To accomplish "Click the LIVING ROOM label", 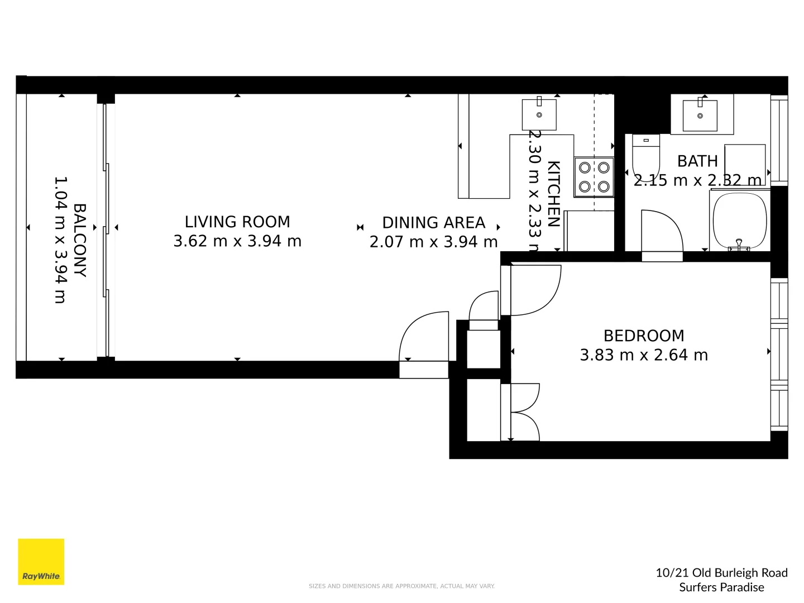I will (237, 222).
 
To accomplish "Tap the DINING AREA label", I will (433, 223).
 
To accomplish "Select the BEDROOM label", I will (643, 336).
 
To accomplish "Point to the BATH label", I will (697, 161).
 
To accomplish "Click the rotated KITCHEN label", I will (553, 194).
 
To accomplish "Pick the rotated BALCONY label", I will (80, 240).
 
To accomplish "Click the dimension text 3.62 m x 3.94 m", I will (237, 241).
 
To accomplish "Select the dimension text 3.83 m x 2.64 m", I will (643, 355).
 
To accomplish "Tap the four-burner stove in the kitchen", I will (594, 177).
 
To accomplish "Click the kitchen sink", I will (539, 114).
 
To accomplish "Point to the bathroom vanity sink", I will (700, 115).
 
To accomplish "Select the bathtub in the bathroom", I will (739, 220).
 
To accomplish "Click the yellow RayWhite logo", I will (41, 562).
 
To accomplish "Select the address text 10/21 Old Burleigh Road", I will (721, 573).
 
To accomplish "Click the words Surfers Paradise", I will (721, 587).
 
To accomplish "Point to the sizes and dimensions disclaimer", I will (401, 586).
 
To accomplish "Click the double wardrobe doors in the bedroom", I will (525, 412).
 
